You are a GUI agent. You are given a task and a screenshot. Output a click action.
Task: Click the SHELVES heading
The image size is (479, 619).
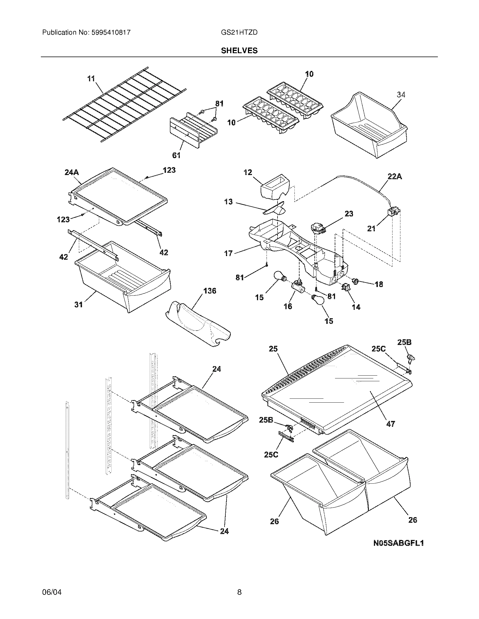click(239, 51)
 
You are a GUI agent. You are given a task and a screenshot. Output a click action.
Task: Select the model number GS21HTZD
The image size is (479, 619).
click(239, 33)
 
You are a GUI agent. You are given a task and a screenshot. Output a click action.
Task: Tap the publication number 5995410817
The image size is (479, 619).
click(111, 33)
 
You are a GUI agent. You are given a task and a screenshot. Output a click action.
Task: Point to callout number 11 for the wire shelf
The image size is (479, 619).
click(91, 79)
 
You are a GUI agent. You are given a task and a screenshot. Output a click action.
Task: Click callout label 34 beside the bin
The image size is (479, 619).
click(401, 95)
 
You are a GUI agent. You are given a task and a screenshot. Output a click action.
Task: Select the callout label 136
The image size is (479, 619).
click(210, 291)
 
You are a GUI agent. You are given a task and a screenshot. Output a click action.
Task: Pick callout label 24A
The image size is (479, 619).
click(72, 172)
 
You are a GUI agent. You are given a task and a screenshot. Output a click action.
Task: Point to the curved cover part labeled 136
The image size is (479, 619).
click(199, 326)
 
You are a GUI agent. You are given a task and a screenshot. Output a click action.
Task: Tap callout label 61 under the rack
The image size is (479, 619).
click(176, 155)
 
